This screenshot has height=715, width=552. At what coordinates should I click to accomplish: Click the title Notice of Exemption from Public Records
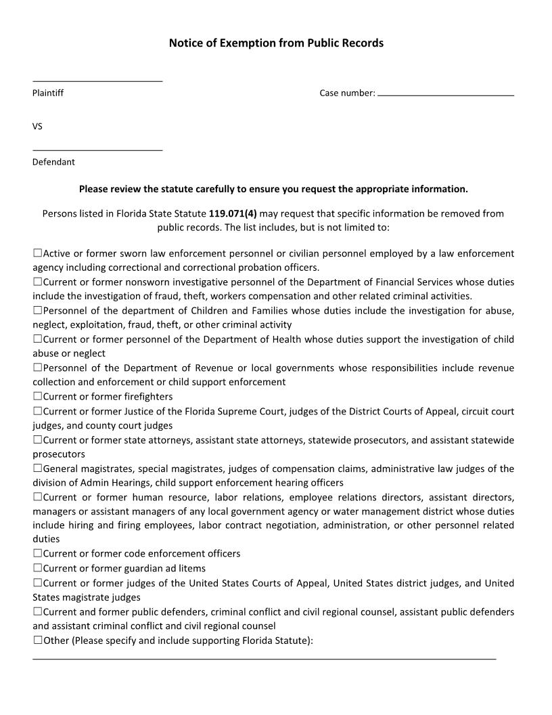(276, 43)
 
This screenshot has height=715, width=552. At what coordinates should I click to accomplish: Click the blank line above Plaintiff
(97, 81)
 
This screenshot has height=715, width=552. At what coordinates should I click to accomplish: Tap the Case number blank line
(446, 95)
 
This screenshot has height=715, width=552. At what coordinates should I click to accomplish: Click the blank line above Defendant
(97, 150)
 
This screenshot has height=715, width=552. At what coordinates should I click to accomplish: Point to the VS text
(38, 127)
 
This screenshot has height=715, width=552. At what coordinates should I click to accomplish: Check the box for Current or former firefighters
(38, 396)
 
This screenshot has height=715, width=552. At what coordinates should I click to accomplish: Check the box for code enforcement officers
(38, 553)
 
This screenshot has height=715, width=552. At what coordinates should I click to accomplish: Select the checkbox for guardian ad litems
(38, 568)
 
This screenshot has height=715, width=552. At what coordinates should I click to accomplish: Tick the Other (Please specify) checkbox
(38, 640)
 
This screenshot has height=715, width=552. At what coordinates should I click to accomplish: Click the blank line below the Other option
(264, 657)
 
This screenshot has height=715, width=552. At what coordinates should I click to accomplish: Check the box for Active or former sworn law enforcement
(38, 253)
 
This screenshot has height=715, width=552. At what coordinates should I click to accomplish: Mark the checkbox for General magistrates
(38, 468)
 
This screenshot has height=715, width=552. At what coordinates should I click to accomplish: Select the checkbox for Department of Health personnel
(38, 339)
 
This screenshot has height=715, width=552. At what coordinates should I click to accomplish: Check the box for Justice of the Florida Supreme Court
(38, 411)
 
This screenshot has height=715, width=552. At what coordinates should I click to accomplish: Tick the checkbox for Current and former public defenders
(38, 611)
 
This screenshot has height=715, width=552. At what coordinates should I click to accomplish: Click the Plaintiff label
(48, 93)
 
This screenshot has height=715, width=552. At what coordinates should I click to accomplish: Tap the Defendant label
(53, 162)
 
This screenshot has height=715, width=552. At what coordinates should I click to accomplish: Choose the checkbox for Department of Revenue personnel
(38, 368)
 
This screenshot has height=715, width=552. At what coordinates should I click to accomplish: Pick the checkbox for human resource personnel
(38, 497)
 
